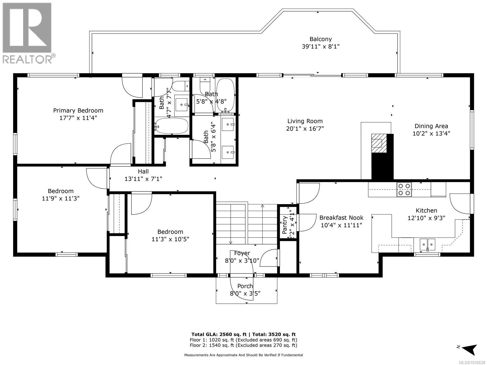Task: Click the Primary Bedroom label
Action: pos(78,111)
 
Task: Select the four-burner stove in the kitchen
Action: pos(404,189)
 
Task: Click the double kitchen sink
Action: pos(427,244)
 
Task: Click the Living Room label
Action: pos(305,121)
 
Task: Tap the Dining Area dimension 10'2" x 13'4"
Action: pos(431,133)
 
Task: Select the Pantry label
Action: pos(285,225)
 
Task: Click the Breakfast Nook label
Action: pos(341,218)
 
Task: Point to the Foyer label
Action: pos(242,253)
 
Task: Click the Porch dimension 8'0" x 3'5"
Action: pos(245,294)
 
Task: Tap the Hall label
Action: pos(143,172)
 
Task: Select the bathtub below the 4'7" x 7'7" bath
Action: pos(171,126)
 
